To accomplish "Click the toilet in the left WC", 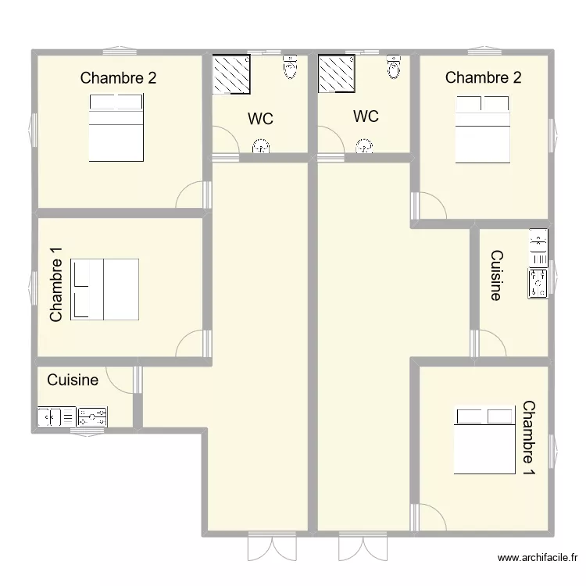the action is click(291, 66).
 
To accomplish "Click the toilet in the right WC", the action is click(394, 66).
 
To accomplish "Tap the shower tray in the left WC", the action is click(231, 74).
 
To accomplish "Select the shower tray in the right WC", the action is click(336, 73).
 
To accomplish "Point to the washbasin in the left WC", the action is click(261, 146).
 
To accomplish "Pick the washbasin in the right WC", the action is click(364, 146).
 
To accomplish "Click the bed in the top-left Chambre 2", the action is click(116, 128).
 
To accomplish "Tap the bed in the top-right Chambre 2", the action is click(483, 129).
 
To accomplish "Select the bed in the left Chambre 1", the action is click(105, 290).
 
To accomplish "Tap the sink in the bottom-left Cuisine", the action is click(56, 416).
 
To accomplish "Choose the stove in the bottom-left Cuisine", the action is click(92, 416).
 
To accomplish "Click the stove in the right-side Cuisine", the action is click(538, 284).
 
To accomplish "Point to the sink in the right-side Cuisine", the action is click(538, 248).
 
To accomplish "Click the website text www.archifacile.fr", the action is click(538, 558).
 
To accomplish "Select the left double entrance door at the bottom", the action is click(272, 548).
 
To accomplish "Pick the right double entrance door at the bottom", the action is click(363, 548).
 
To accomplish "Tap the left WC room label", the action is click(260, 119).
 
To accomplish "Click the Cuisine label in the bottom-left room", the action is click(73, 380).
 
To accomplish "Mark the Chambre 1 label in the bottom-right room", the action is click(529, 438).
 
